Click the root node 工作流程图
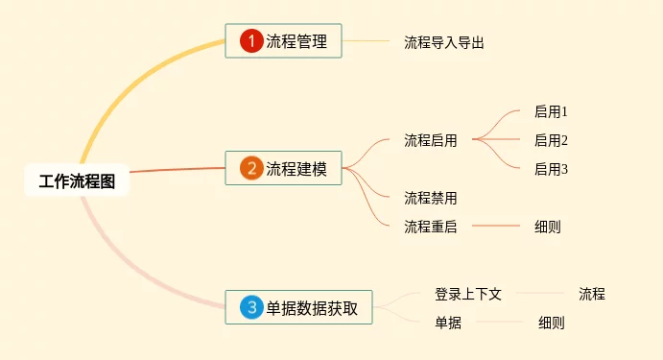pyautogui.click(x=77, y=180)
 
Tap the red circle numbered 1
pyautogui.click(x=251, y=40)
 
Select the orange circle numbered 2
pyautogui.click(x=251, y=168)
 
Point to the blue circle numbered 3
pyautogui.click(x=251, y=307)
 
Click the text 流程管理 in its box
pyautogui.click(x=296, y=41)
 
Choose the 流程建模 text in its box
pyautogui.click(x=296, y=169)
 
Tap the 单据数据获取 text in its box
pyautogui.click(x=312, y=308)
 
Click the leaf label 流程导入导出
pyautogui.click(x=444, y=42)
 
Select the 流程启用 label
pyautogui.click(x=431, y=140)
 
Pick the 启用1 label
pyautogui.click(x=551, y=111)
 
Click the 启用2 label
pyautogui.click(x=551, y=140)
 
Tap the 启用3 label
pyautogui.click(x=551, y=169)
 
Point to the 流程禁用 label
pyautogui.click(x=431, y=198)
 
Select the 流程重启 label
pyautogui.click(x=431, y=227)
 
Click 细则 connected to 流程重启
pyautogui.click(x=548, y=227)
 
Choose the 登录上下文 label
pyautogui.click(x=468, y=294)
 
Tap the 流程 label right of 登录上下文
pyautogui.click(x=592, y=294)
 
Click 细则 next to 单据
pyautogui.click(x=552, y=323)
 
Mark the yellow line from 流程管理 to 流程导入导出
pyautogui.click(x=366, y=41)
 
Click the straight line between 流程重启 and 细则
pyautogui.click(x=495, y=226)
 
